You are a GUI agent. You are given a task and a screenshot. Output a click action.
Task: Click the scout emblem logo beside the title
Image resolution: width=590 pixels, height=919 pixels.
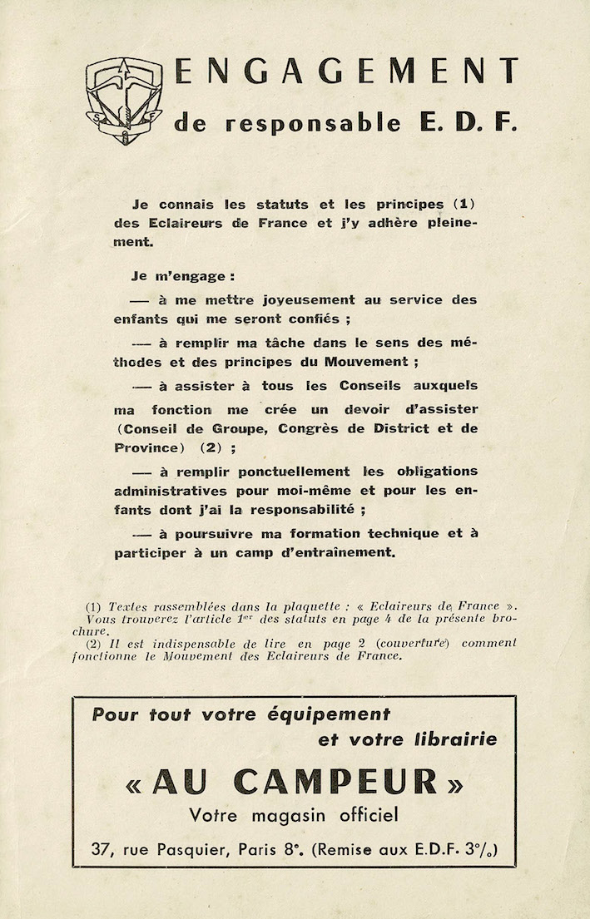(x=124, y=99)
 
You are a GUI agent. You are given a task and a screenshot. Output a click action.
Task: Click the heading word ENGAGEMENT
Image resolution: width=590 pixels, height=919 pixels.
(x=346, y=72)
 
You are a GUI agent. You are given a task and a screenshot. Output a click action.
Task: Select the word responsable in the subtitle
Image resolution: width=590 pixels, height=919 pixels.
(x=312, y=125)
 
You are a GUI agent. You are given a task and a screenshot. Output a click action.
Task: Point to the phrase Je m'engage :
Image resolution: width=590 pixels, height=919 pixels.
(x=182, y=275)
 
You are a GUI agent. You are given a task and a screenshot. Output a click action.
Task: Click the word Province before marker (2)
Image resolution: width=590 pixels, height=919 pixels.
(x=145, y=447)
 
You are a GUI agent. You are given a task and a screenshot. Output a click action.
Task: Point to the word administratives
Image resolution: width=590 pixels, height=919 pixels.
(x=170, y=491)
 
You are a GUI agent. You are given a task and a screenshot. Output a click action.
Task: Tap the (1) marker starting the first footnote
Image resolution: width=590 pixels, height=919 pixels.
(x=95, y=606)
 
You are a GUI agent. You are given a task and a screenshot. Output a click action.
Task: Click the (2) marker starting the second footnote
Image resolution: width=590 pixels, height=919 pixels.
(x=95, y=643)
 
